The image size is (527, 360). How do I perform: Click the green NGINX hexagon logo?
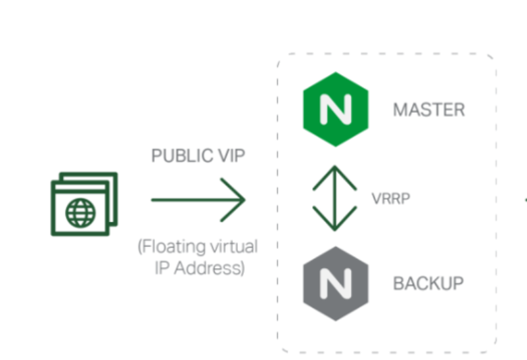click(x=335, y=108)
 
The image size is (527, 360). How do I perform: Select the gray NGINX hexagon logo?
click(x=335, y=284)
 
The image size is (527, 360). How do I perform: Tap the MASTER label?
click(x=428, y=109)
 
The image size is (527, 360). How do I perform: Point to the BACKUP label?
click(x=428, y=284)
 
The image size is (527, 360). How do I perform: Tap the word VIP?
click(x=229, y=156)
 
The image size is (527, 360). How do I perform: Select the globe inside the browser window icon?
click(x=80, y=212)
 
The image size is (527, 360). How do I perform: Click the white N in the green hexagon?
click(x=335, y=109)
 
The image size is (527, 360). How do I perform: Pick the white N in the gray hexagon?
click(x=335, y=284)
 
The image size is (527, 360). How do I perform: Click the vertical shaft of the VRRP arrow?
click(x=334, y=198)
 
